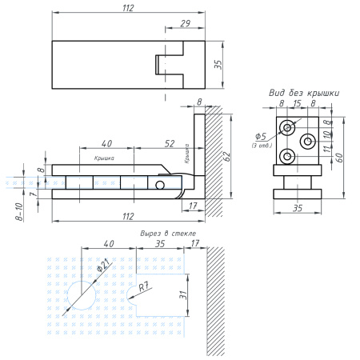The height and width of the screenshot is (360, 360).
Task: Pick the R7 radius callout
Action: pyautogui.click(x=143, y=286)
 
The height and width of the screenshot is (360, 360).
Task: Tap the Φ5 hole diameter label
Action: pyautogui.click(x=261, y=135)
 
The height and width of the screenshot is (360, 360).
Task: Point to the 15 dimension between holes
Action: pyautogui.click(x=296, y=104)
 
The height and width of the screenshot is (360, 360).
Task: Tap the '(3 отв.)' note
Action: pyautogui.click(x=261, y=145)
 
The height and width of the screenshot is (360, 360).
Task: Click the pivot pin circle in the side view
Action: pyautogui.click(x=161, y=185)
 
